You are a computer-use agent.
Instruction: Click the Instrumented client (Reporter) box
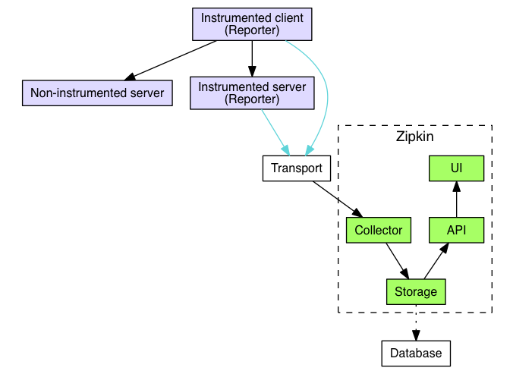click(252, 24)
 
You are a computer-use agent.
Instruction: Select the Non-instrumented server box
click(97, 93)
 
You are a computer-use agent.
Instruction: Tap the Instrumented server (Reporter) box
click(252, 93)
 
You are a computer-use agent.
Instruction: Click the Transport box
click(297, 168)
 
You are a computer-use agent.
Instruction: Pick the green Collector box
click(379, 230)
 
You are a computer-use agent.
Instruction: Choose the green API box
click(456, 230)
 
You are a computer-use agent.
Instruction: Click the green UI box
click(456, 168)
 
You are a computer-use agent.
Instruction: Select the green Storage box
click(416, 291)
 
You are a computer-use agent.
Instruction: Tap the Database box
click(416, 354)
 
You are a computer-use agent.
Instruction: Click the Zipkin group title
click(415, 137)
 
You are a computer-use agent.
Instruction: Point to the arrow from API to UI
click(456, 199)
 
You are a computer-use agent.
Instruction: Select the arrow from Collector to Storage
click(398, 261)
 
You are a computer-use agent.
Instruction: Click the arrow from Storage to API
click(436, 261)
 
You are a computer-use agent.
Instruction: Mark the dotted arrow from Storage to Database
click(416, 322)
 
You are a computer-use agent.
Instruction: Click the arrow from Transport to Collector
click(338, 199)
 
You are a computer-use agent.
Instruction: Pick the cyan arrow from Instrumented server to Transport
click(275, 132)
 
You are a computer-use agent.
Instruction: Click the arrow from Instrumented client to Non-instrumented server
click(171, 61)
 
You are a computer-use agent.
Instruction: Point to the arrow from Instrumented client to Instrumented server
click(252, 59)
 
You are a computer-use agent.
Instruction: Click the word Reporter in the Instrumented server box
click(252, 99)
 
